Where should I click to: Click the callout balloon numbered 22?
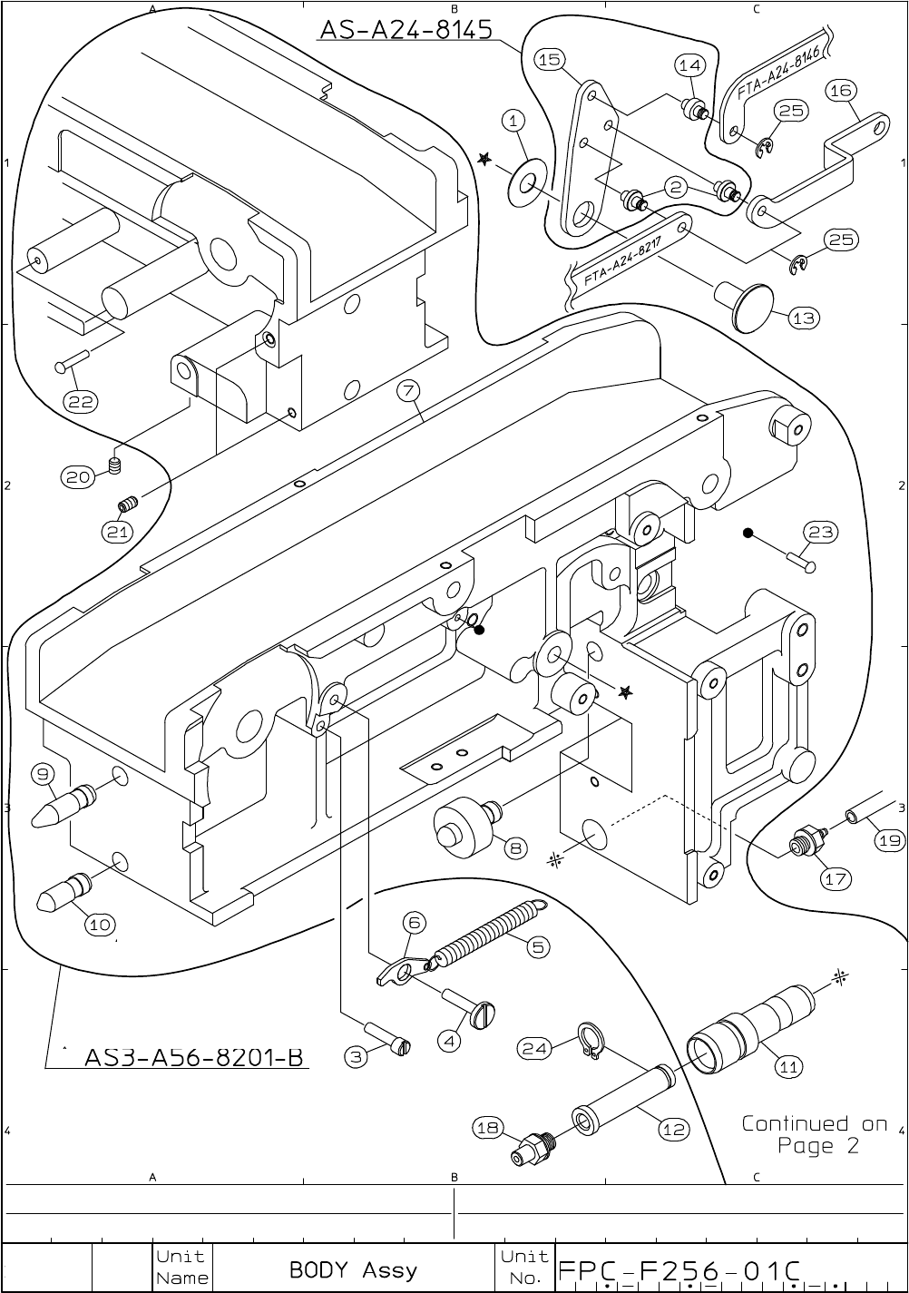coord(82,400)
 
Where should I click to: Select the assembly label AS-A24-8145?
coord(406,30)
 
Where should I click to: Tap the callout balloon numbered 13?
coord(804,318)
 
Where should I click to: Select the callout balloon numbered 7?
coord(408,391)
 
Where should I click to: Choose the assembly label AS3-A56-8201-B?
coord(192,1058)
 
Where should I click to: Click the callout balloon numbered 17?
coord(835,878)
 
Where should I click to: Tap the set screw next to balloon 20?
coord(115,467)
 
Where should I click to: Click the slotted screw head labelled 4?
coord(484,1013)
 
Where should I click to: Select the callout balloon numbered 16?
coord(841,90)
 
